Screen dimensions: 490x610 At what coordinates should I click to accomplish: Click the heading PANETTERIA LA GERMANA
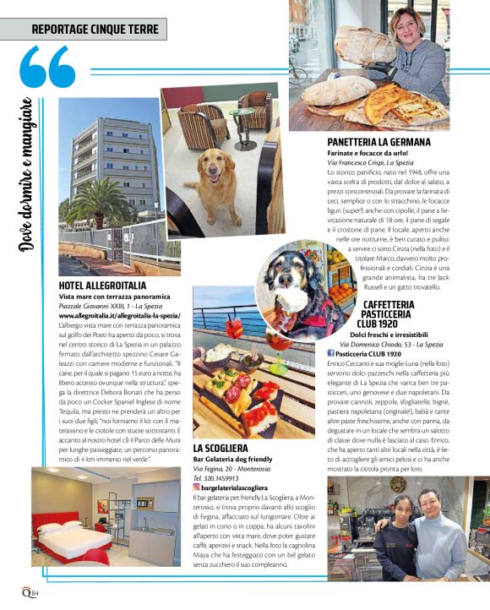point(378,142)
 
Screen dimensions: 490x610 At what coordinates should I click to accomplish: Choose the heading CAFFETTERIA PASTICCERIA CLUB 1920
point(388,314)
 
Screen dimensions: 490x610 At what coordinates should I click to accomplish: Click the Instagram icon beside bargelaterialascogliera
point(197,487)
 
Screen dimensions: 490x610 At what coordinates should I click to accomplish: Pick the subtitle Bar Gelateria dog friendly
point(232,459)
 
